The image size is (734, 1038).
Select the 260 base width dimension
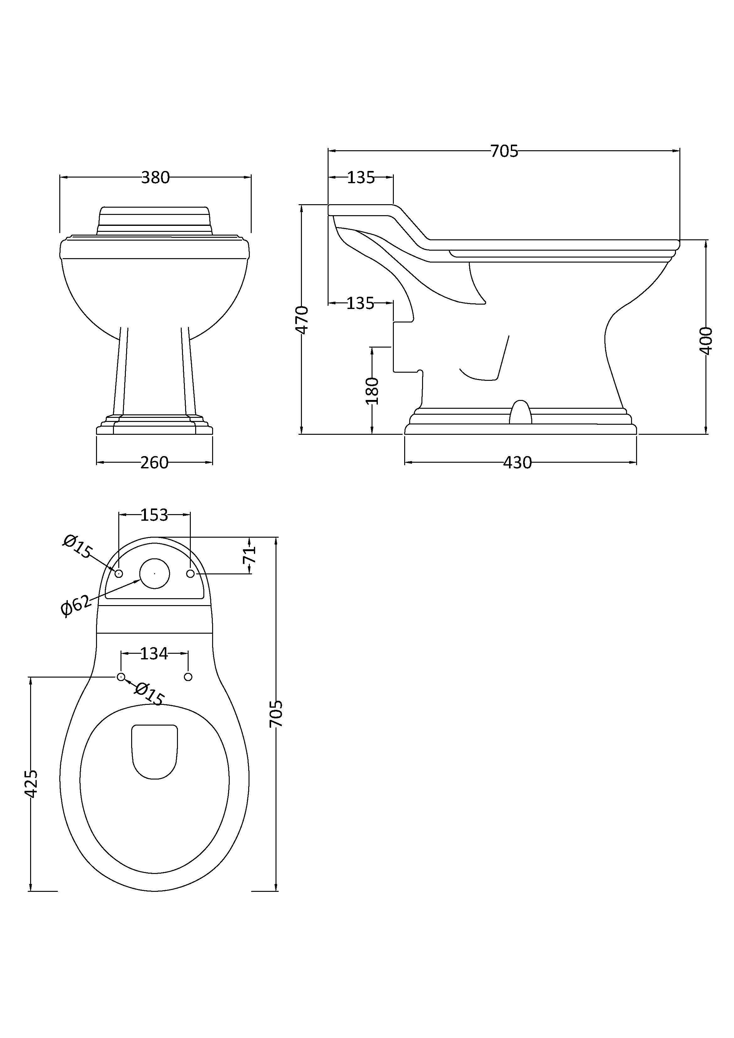[154, 462]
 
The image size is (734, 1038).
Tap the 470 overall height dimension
[302, 320]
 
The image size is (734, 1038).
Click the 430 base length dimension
[517, 462]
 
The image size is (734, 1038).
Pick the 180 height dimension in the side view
[372, 391]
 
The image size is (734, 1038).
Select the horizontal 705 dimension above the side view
[504, 151]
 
